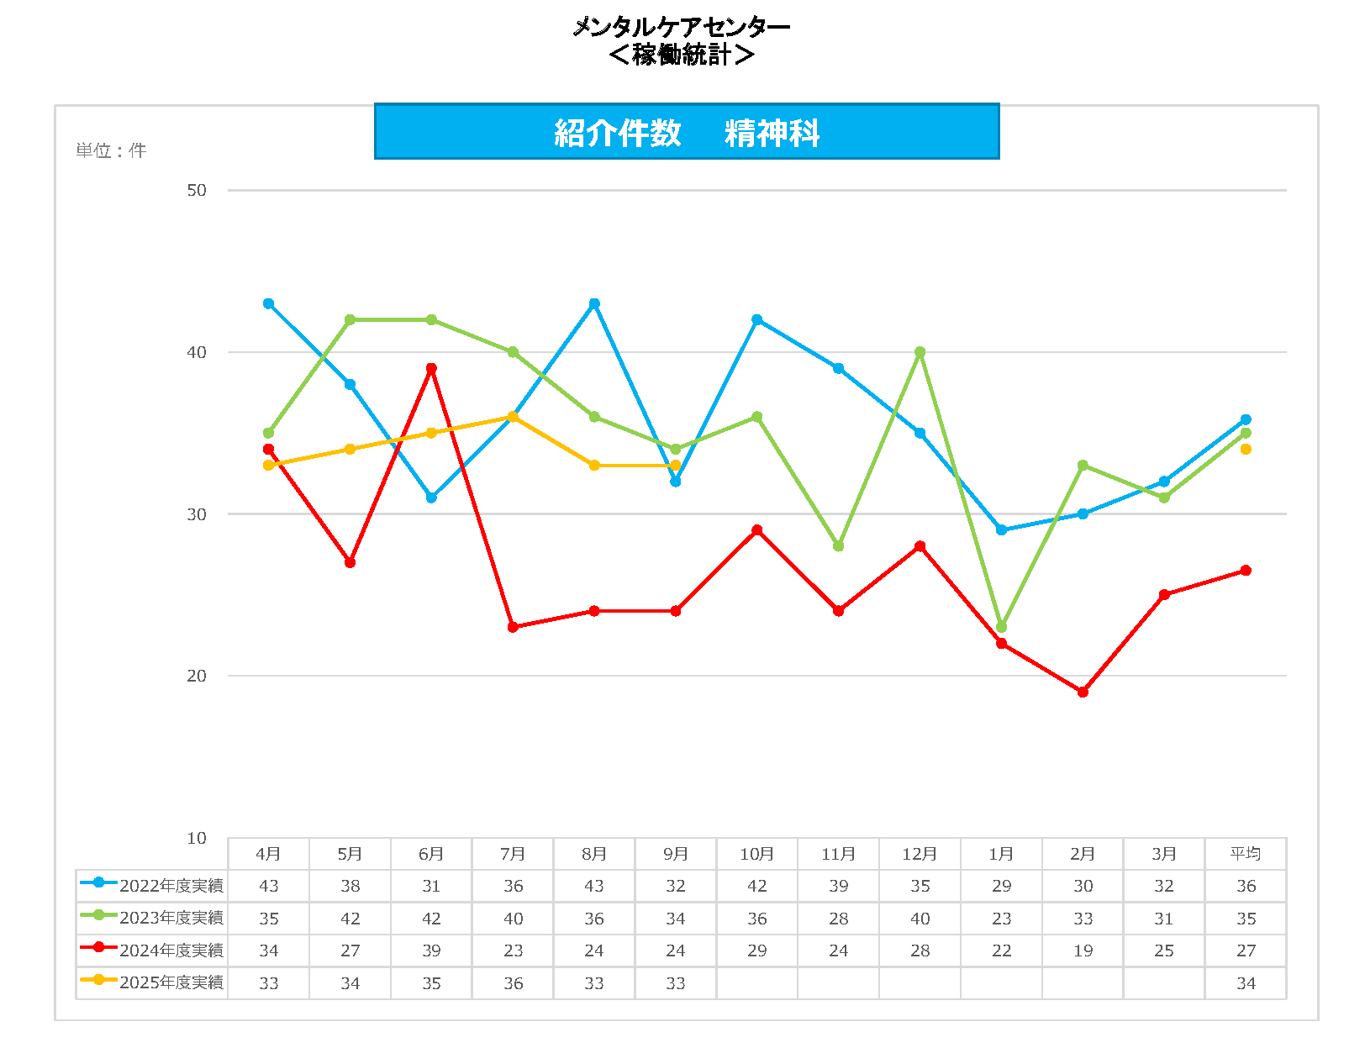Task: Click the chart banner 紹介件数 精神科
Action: pyautogui.click(x=686, y=132)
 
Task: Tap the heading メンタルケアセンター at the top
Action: pyautogui.click(x=681, y=27)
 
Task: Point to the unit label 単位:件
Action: pyautogui.click(x=111, y=150)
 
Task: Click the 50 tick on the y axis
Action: pyautogui.click(x=196, y=191)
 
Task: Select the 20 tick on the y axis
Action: pyautogui.click(x=196, y=676)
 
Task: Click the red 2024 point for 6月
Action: pyautogui.click(x=431, y=368)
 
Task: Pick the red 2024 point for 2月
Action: pyautogui.click(x=1083, y=692)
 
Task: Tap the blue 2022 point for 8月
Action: pyautogui.click(x=594, y=303)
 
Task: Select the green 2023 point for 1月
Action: pyautogui.click(x=1001, y=627)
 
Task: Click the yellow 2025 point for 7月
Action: pyautogui.click(x=513, y=417)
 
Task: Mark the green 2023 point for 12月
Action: pyautogui.click(x=920, y=352)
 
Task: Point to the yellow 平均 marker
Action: pyautogui.click(x=1246, y=449)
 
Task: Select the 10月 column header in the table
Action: pyautogui.click(x=756, y=854)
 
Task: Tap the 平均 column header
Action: pyautogui.click(x=1246, y=854)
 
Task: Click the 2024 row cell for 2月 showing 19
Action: pyautogui.click(x=1083, y=951)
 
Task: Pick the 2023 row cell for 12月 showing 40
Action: pyautogui.click(x=920, y=919)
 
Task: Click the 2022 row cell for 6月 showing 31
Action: pyautogui.click(x=431, y=886)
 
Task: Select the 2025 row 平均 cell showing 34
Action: pyautogui.click(x=1246, y=983)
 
